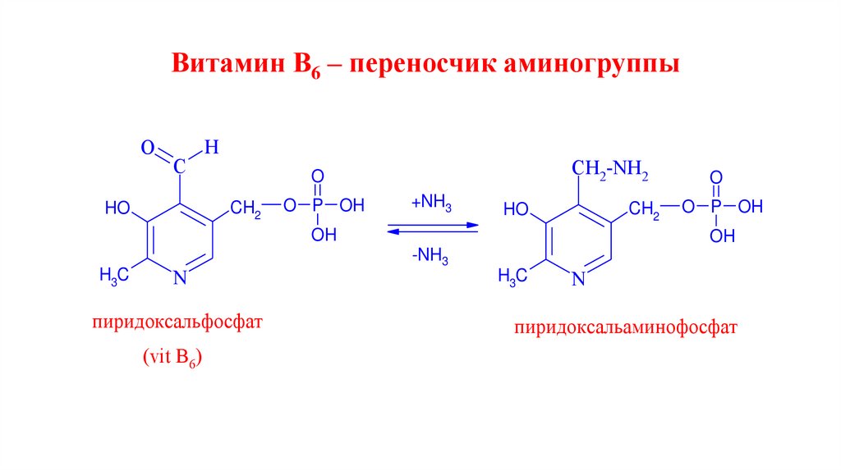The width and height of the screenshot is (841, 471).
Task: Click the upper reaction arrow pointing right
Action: [433, 223]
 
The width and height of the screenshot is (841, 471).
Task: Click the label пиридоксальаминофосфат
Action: [627, 328]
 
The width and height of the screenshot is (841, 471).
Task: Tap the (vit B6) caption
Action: [172, 358]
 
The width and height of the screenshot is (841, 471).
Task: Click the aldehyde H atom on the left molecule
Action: [211, 148]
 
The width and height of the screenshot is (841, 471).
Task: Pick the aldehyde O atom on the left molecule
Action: [147, 149]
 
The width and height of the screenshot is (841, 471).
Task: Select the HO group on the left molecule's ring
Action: [117, 208]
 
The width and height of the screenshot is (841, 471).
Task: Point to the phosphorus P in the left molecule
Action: [318, 206]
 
